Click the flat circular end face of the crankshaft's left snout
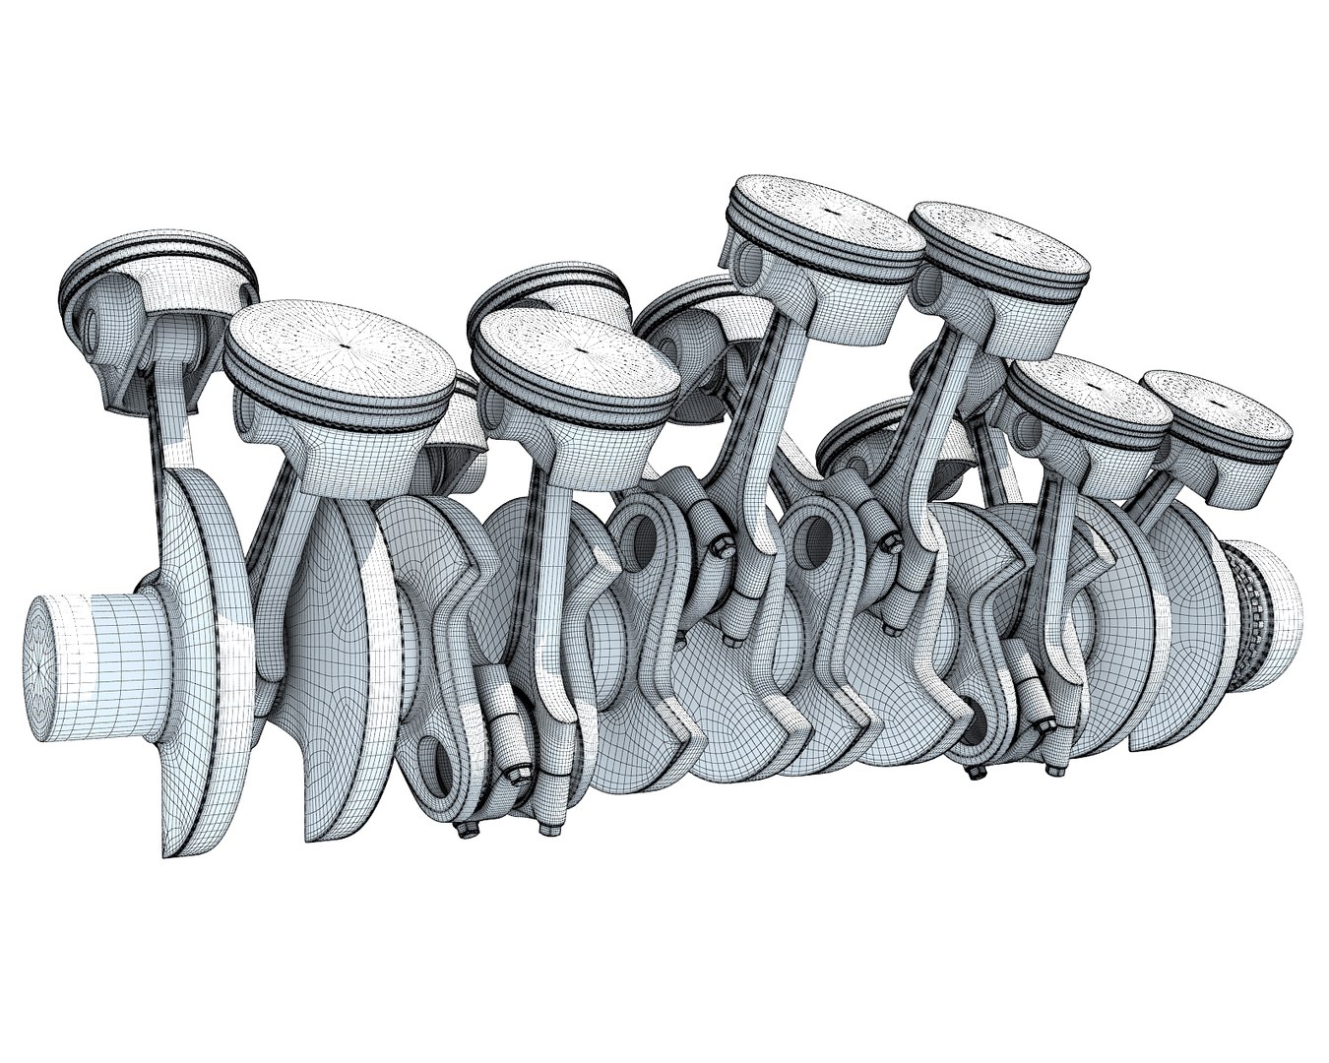(45, 665)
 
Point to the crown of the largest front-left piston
(341, 344)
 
